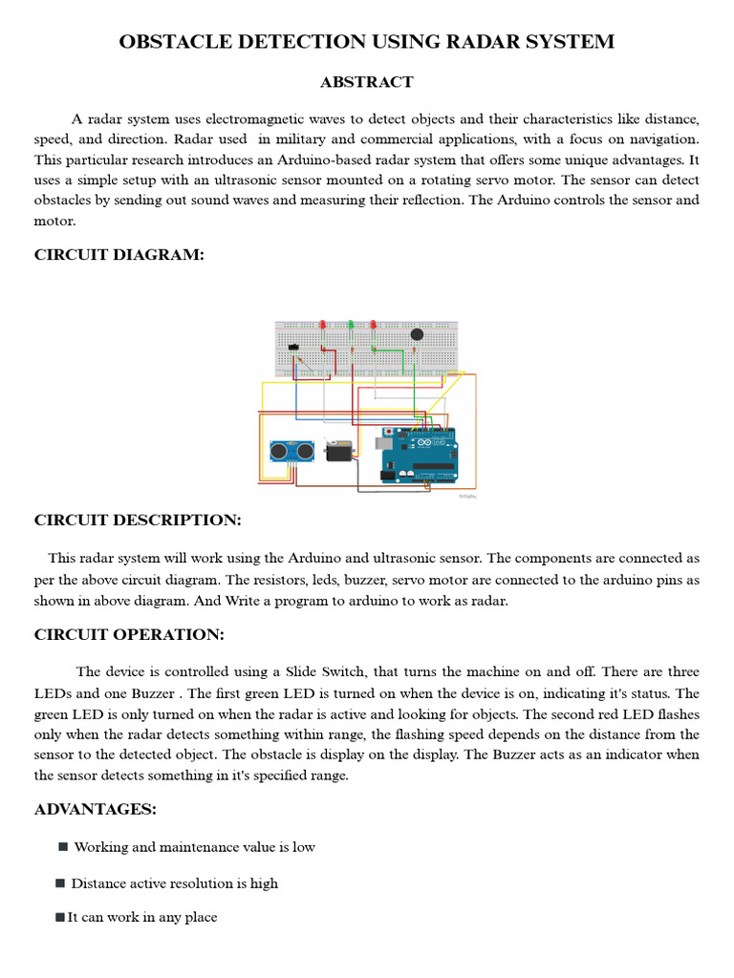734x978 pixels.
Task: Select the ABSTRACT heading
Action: pyautogui.click(x=366, y=82)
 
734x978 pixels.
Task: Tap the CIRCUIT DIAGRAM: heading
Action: pyautogui.click(x=119, y=254)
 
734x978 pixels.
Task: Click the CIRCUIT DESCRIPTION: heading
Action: pyautogui.click(x=138, y=520)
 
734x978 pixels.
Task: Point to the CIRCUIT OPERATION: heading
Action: pyautogui.click(x=129, y=634)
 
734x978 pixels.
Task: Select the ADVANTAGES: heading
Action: pyautogui.click(x=96, y=809)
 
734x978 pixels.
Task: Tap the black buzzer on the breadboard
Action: pyautogui.click(x=417, y=334)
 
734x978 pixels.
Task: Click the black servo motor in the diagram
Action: pyautogui.click(x=338, y=450)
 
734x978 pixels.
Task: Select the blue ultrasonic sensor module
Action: pyautogui.click(x=291, y=450)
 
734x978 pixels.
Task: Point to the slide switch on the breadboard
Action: pyautogui.click(x=293, y=348)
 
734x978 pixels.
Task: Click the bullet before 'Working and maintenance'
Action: pyautogui.click(x=63, y=846)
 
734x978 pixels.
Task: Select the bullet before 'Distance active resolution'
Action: pyautogui.click(x=61, y=882)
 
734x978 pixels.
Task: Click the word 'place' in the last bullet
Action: pyautogui.click(x=200, y=918)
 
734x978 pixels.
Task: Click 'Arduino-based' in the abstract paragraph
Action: pyautogui.click(x=321, y=159)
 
